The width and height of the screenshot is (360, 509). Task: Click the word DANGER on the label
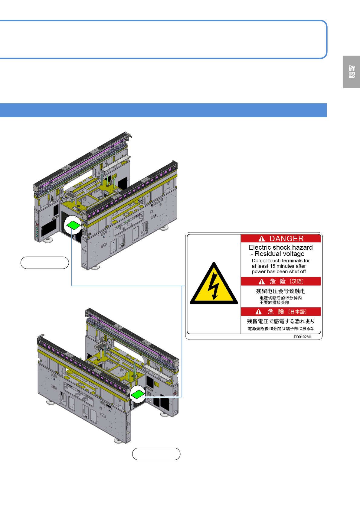[286, 238]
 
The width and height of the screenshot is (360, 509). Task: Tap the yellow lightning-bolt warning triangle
[214, 284]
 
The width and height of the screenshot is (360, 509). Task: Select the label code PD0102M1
[303, 337]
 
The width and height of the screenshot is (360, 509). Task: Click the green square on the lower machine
[138, 394]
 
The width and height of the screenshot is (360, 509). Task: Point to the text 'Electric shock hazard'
[281, 247]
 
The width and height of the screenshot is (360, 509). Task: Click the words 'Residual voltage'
[280, 254]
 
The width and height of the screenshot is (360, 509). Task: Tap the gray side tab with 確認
[352, 72]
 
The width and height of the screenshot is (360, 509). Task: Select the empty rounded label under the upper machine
[45, 263]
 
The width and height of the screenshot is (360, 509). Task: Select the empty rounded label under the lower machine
[156, 454]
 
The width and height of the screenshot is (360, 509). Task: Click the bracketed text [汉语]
[296, 281]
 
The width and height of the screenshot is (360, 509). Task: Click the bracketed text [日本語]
[297, 312]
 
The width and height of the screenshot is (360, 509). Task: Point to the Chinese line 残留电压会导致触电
[281, 291]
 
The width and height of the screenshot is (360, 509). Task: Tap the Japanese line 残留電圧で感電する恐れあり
[281, 321]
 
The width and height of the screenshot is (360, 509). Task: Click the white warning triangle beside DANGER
[262, 239]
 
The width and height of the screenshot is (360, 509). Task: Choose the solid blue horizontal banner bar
[163, 110]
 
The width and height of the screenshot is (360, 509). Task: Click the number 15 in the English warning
[273, 266]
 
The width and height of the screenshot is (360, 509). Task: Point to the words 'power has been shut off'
[279, 271]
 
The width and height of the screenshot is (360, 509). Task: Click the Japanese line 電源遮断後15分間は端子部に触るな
[281, 329]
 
